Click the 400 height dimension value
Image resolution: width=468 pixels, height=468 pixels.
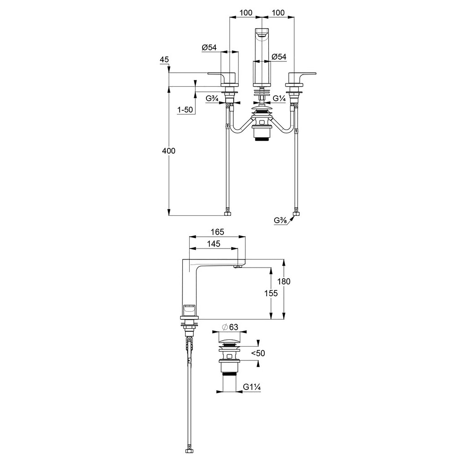(169, 151)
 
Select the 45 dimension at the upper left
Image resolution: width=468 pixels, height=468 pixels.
(164, 60)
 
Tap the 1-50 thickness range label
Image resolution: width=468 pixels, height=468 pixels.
(185, 110)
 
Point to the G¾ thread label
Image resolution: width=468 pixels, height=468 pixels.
(212, 99)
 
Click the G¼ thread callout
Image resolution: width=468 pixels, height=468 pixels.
(279, 99)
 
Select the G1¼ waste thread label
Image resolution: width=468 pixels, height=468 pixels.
(252, 387)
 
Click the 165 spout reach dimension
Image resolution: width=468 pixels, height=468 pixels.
(217, 232)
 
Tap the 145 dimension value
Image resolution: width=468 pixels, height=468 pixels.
(213, 243)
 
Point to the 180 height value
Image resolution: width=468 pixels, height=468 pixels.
(284, 281)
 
